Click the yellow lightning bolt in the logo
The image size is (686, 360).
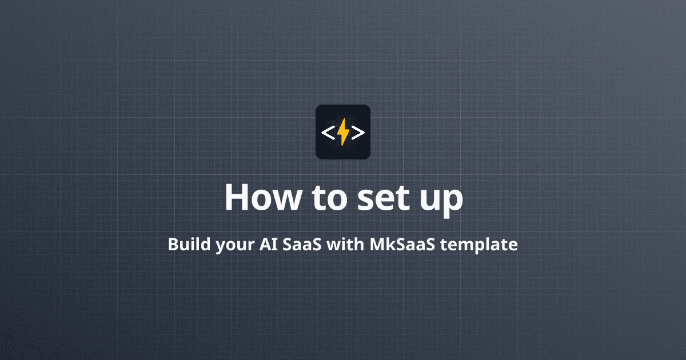pyautogui.click(x=343, y=133)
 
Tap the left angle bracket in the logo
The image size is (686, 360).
pyautogui.click(x=328, y=133)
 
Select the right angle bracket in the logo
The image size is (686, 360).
pyautogui.click(x=358, y=133)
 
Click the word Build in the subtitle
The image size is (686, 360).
pyautogui.click(x=186, y=245)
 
